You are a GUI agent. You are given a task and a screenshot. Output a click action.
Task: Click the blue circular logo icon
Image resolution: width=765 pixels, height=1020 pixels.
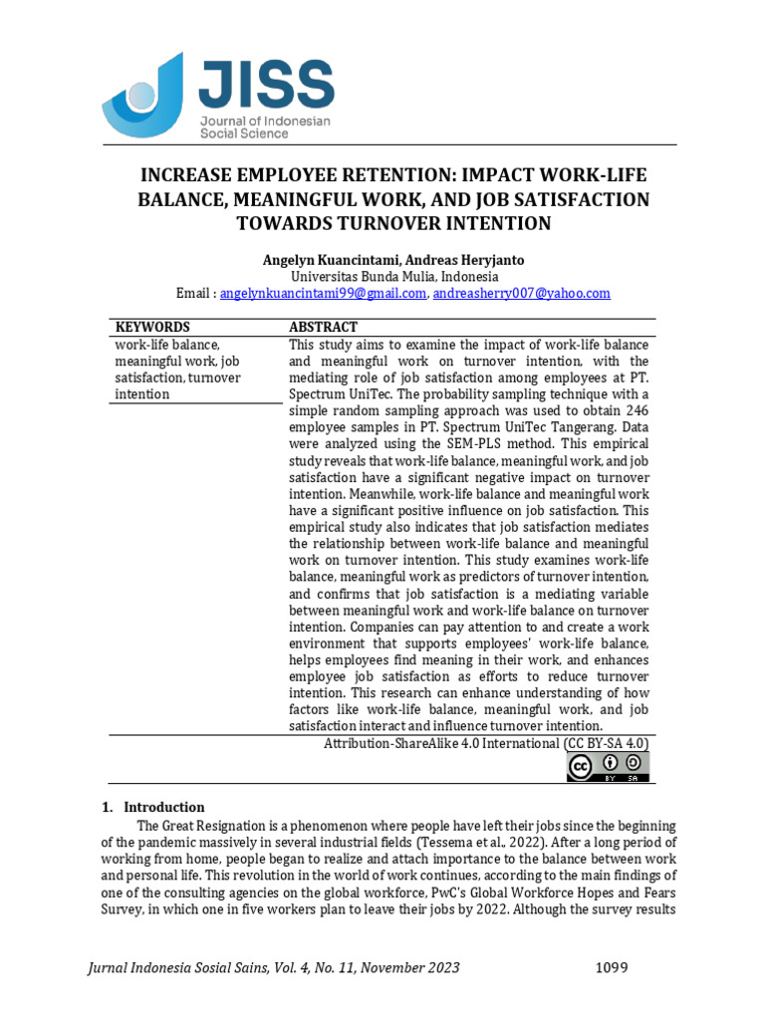[143, 94]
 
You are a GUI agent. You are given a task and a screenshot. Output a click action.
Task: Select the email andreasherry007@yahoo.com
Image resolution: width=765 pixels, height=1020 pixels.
[522, 294]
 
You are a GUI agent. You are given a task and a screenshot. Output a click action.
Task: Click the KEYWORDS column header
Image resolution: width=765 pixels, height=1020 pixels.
[152, 327]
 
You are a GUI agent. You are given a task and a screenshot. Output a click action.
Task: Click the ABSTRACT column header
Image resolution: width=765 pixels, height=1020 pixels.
[324, 327]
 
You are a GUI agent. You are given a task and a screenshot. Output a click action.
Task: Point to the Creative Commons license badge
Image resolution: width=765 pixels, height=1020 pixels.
[608, 766]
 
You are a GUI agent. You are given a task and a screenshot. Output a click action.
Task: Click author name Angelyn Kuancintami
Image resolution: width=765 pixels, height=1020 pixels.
[330, 260]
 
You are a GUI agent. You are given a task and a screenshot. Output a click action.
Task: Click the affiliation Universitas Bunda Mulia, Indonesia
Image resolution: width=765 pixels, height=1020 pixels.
[394, 277]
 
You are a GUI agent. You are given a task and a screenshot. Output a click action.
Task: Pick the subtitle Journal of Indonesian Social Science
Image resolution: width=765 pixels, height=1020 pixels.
[265, 127]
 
